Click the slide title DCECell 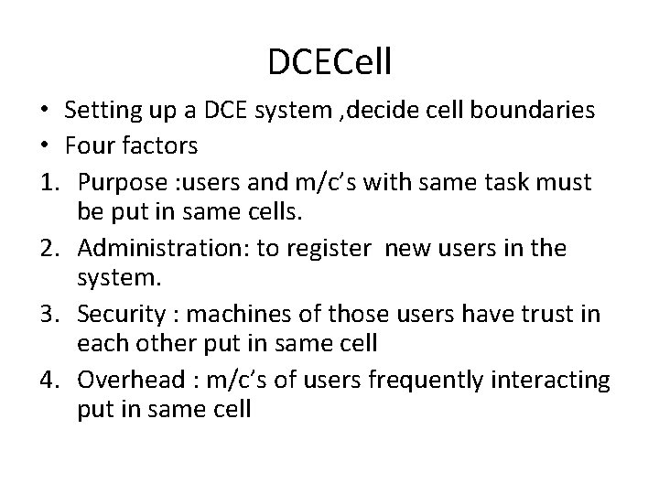click(329, 62)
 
